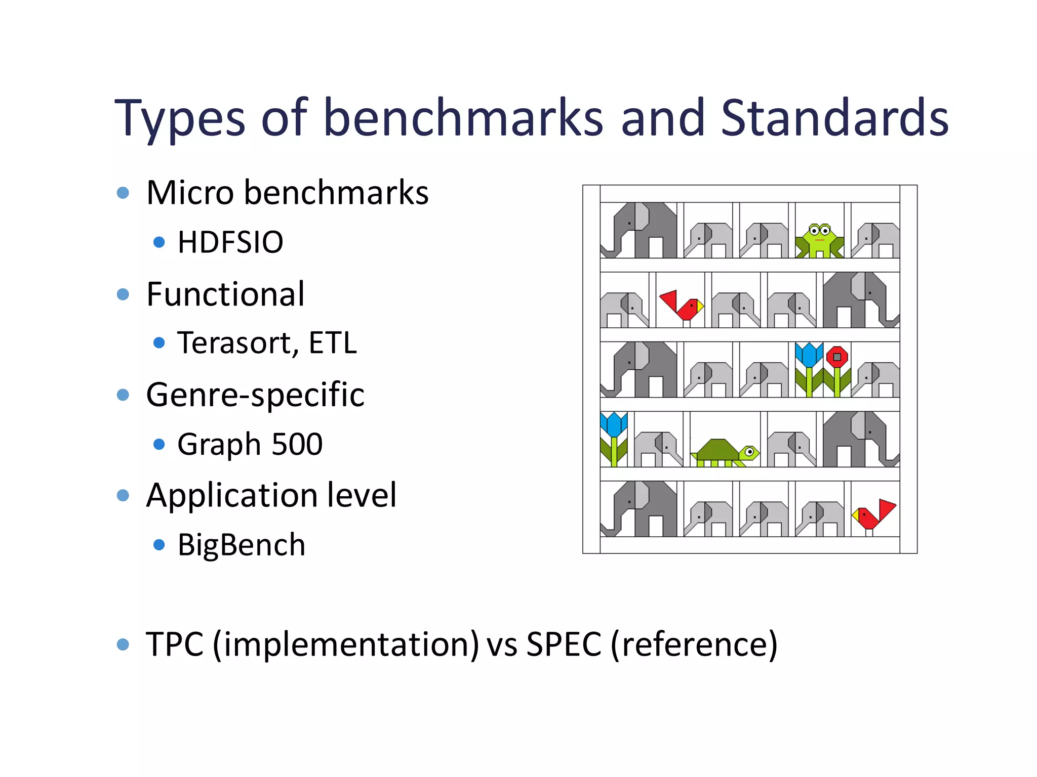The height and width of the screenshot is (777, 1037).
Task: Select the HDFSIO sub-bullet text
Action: (230, 242)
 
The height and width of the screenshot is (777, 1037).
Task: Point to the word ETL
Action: (333, 343)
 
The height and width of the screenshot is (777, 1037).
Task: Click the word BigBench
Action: (241, 545)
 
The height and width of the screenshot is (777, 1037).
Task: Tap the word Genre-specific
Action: (255, 395)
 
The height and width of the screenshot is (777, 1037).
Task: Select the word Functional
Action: (225, 294)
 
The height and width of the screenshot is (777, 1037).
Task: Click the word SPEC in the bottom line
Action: (564, 644)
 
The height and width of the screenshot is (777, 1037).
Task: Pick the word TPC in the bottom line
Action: (175, 644)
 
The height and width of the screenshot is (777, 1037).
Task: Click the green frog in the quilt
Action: (819, 240)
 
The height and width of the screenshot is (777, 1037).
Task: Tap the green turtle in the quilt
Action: (726, 452)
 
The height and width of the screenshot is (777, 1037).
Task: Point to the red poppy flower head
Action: (837, 357)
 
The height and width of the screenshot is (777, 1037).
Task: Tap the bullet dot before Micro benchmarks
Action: (123, 193)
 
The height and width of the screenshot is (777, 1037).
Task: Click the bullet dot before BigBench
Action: (159, 545)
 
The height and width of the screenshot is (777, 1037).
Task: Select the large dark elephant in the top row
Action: (641, 230)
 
